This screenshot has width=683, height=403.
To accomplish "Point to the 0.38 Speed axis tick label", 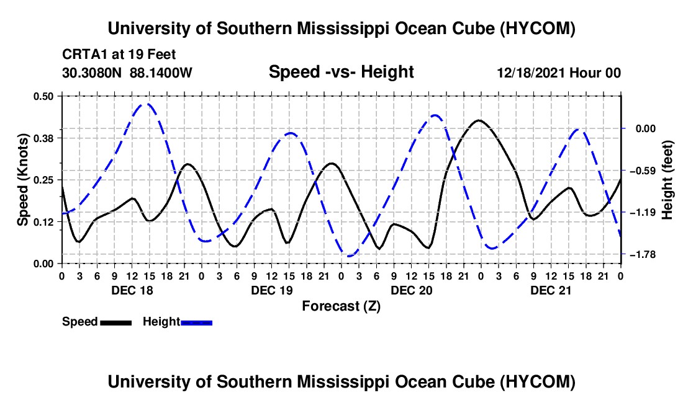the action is [43, 138].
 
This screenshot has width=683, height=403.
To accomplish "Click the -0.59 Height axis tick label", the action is [643, 170].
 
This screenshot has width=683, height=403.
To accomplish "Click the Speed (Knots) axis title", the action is [22, 180].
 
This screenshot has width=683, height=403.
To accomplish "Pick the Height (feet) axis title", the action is [667, 180].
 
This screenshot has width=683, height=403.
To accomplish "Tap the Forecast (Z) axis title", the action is [341, 306].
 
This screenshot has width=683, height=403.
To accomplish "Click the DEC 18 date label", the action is [132, 290].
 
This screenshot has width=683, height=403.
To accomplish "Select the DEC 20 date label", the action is [412, 290].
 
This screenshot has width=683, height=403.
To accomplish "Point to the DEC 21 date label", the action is [551, 290].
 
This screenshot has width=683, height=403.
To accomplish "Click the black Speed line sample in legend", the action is [116, 322].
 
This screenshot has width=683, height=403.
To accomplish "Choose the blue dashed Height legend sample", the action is [196, 322].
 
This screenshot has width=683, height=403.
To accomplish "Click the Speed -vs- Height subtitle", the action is [341, 72].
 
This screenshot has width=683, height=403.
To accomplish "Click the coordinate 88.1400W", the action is [161, 73].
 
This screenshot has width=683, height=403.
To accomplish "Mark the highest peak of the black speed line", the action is [479, 120].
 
